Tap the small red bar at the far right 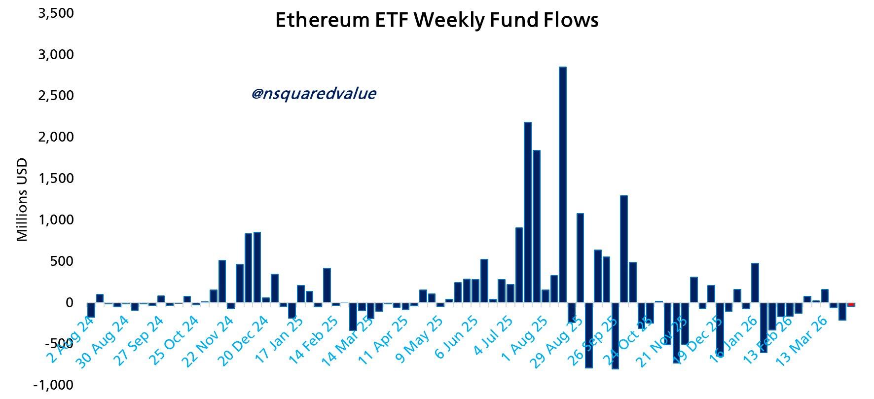pos(851,305)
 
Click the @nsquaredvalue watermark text pos(314,94)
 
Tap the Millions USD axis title pos(22,200)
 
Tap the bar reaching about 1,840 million pos(536,227)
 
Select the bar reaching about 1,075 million pos(580,258)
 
